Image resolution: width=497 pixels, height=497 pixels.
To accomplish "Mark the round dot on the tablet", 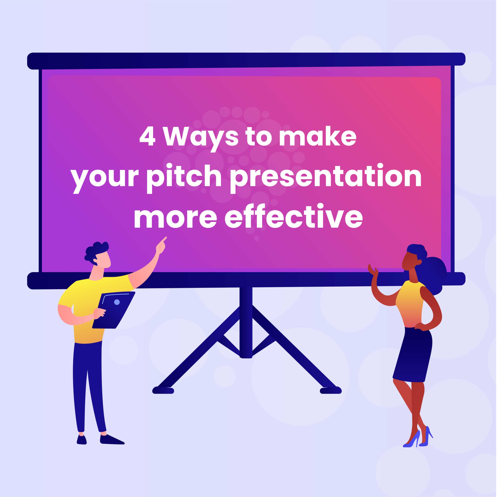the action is tap(117, 302).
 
